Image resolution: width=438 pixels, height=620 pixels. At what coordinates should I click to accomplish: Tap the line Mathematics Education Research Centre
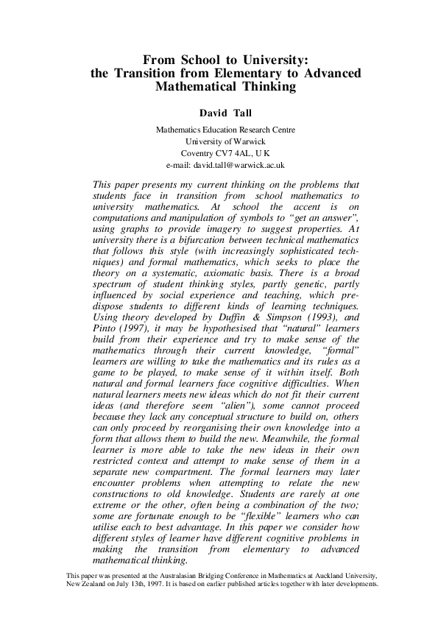(225, 130)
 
